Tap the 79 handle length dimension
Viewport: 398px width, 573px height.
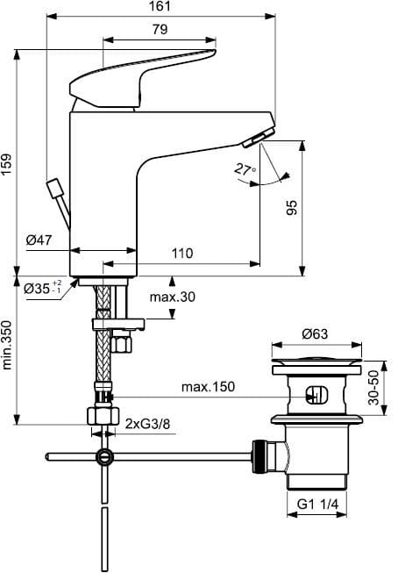[160, 29]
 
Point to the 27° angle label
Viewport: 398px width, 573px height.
[245, 169]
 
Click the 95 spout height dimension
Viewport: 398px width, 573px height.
[292, 208]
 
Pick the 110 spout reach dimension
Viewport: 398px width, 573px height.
[181, 253]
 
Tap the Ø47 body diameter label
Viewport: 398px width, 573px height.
[39, 240]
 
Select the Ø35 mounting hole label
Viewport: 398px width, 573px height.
[42, 289]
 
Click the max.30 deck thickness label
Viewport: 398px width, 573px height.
[173, 297]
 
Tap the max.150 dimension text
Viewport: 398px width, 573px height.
[208, 387]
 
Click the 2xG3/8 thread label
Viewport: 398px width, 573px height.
[147, 424]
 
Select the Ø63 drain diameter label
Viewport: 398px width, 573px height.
[315, 333]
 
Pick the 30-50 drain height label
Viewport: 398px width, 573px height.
[373, 388]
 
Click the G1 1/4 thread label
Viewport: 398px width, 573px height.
[317, 505]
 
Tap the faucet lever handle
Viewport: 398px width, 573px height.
[143, 79]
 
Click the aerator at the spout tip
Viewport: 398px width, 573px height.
[258, 138]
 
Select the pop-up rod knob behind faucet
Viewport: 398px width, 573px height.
[55, 189]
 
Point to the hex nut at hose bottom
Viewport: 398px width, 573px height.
[103, 416]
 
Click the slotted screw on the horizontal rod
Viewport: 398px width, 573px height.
[104, 457]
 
